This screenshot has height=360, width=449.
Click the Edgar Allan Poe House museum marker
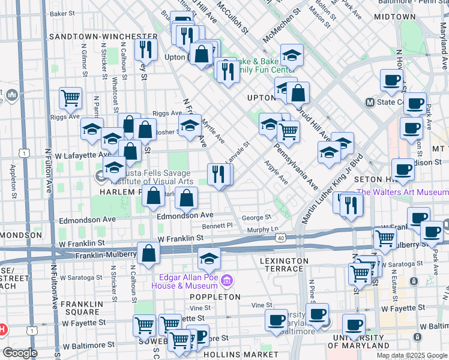point(227,280)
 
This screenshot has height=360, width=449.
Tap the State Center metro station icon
point(370,102)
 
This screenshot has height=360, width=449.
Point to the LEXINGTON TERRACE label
point(285,265)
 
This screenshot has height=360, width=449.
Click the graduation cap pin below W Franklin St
point(208,259)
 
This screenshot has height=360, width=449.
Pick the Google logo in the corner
point(20,353)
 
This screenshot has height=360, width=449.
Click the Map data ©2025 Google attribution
point(411,355)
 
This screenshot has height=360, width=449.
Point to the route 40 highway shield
point(280,238)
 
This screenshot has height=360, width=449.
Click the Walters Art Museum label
point(402,192)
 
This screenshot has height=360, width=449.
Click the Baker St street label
point(66,13)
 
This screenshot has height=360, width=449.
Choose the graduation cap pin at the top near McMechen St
point(292,55)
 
